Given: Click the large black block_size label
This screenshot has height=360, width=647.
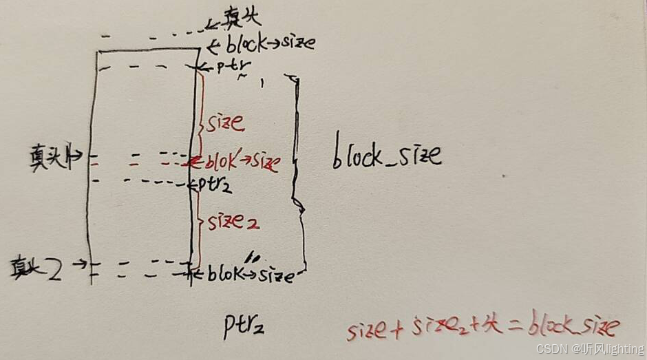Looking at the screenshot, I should coord(387,156).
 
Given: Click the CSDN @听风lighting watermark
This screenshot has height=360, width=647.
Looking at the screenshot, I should coord(590,349).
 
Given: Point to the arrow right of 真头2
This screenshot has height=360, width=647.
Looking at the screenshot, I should coord(77,264).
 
